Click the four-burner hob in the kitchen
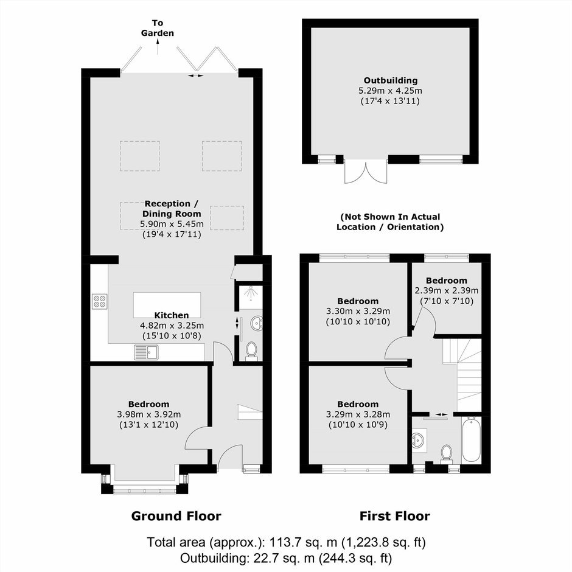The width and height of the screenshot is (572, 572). (100, 301)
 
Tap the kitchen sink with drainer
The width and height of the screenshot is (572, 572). (146, 352)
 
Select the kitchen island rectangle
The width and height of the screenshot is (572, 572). (167, 305)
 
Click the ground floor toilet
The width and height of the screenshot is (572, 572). (251, 351)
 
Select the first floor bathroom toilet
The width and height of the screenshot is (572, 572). (446, 454)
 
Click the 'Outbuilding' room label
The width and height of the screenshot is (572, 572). (390, 80)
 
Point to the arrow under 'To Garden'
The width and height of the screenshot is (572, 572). (158, 47)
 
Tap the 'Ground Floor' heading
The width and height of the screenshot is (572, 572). (176, 516)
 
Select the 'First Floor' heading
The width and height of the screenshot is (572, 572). (395, 516)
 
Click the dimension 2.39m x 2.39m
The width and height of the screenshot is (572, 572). (447, 291)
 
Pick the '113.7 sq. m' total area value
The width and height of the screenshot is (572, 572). (303, 542)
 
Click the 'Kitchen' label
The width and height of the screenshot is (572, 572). (172, 315)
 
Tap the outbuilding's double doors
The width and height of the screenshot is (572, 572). (366, 171)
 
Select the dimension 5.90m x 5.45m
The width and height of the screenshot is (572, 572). (172, 223)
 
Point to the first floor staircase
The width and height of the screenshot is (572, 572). (462, 375)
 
